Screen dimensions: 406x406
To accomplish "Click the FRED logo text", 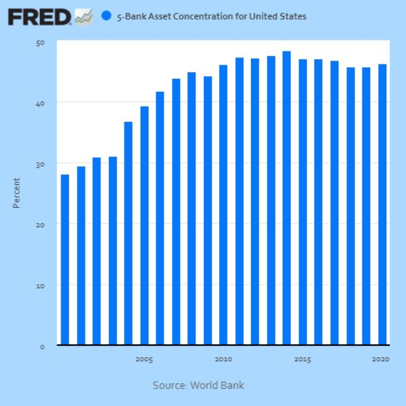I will (x=40, y=16).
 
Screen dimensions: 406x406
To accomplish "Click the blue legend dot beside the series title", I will (x=106, y=16).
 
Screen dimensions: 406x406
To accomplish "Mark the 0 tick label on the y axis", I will (x=42, y=346).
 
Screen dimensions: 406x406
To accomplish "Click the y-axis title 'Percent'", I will (x=16, y=193).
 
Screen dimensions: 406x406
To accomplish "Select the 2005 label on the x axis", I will (x=144, y=359).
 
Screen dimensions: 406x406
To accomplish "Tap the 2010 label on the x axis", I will (x=224, y=359).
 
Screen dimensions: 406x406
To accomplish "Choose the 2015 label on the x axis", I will (x=302, y=359).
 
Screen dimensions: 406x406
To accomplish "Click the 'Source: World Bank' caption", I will (x=199, y=385).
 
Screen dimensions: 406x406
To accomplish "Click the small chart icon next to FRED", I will (x=83, y=16).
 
